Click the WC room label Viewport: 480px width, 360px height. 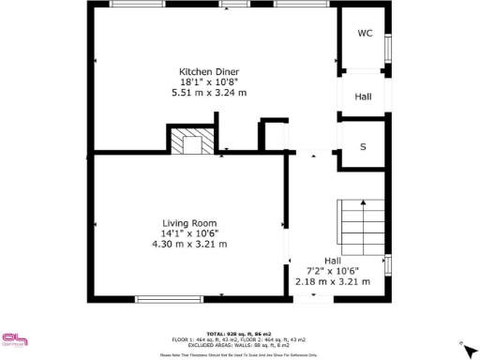365,33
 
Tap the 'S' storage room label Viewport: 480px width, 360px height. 363,147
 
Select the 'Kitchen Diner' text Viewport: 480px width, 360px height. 209,71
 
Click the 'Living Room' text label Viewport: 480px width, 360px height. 190,222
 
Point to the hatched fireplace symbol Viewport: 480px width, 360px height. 191,142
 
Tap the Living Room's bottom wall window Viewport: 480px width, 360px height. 170,299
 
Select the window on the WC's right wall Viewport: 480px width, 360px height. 387,47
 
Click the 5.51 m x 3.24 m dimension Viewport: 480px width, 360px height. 209,93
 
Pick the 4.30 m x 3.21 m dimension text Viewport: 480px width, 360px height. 190,244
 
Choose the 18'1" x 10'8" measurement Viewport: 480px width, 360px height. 209,82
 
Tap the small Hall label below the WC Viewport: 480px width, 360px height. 363,97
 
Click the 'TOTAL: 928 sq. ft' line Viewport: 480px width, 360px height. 240,333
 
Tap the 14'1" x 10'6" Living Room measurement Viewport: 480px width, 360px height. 190,233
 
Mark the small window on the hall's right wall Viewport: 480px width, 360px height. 387,265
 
